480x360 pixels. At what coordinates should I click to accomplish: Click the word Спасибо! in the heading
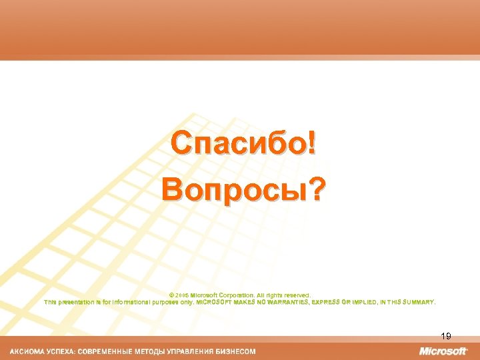pos(243,143)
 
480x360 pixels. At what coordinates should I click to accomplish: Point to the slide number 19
pos(446,337)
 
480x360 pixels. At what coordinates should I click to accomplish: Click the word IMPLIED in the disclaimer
pos(365,301)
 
